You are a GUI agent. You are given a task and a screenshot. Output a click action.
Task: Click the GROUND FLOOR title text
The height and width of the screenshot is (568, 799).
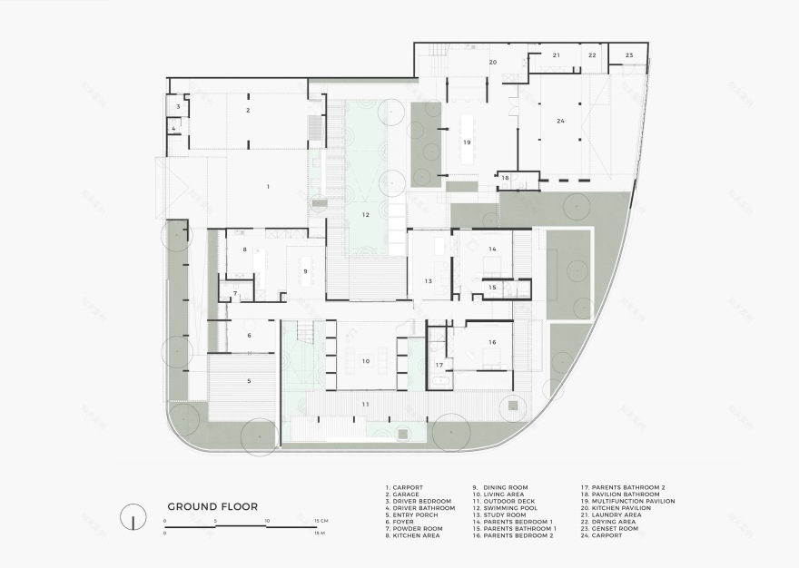point(212,506)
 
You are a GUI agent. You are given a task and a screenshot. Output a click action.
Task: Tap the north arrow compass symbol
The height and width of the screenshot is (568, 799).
point(134,517)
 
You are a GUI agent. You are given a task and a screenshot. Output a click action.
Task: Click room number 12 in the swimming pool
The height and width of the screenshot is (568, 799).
point(365,215)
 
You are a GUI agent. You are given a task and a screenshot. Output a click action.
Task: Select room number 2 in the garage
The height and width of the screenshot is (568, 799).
point(247,110)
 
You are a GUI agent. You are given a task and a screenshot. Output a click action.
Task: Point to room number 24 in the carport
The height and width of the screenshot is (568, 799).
point(560,121)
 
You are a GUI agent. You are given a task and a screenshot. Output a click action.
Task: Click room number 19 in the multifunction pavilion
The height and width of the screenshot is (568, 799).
point(467,142)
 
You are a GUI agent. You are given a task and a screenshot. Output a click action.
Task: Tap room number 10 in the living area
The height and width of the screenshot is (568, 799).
point(365,360)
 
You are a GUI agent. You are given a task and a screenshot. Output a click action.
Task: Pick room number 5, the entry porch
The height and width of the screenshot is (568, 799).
point(249,381)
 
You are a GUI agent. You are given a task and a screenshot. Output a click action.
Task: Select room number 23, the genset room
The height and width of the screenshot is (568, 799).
point(629,55)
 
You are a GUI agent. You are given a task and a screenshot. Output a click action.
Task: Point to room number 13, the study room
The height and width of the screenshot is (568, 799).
point(429,282)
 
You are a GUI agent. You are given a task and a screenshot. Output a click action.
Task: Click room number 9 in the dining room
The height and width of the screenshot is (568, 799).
point(305,271)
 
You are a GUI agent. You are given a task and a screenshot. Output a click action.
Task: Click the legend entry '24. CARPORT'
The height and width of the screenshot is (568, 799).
point(602,535)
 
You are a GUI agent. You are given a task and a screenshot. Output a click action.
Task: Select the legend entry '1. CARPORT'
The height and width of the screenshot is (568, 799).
point(405,487)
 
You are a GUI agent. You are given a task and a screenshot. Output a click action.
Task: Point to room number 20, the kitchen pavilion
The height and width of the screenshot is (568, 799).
point(493,63)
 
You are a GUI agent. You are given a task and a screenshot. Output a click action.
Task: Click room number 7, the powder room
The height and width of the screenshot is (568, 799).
point(234,294)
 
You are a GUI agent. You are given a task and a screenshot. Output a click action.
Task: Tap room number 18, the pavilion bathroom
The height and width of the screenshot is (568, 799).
point(506,178)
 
